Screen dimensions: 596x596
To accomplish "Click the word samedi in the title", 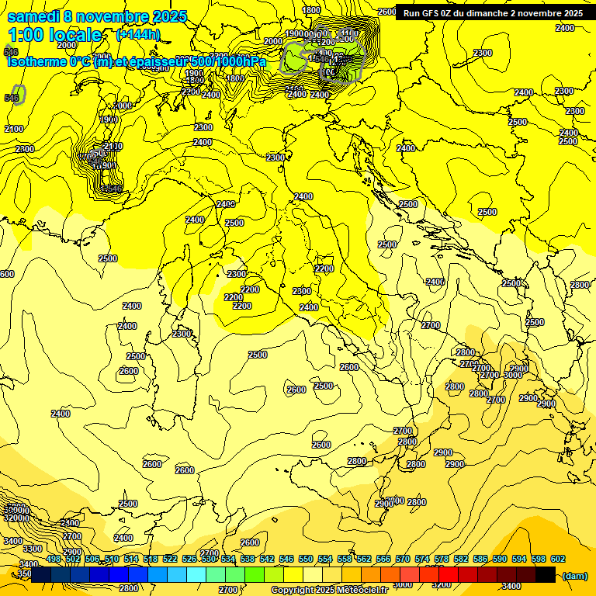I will coord(33,16).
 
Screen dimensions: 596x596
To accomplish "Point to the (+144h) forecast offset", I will coord(138,34).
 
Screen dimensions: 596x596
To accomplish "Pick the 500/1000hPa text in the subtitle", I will coord(224,61).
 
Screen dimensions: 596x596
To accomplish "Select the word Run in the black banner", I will coord(412,13).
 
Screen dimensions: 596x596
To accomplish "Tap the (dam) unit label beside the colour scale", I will coord(573,575).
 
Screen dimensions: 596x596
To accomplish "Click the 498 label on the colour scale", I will coord(54,559).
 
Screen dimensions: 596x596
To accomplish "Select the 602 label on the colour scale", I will coord(558,559).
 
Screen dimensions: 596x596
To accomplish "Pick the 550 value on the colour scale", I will coord(306,559).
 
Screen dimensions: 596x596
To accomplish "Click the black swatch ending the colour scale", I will coord(546,574).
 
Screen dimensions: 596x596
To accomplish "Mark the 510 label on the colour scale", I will coord(112,559).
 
